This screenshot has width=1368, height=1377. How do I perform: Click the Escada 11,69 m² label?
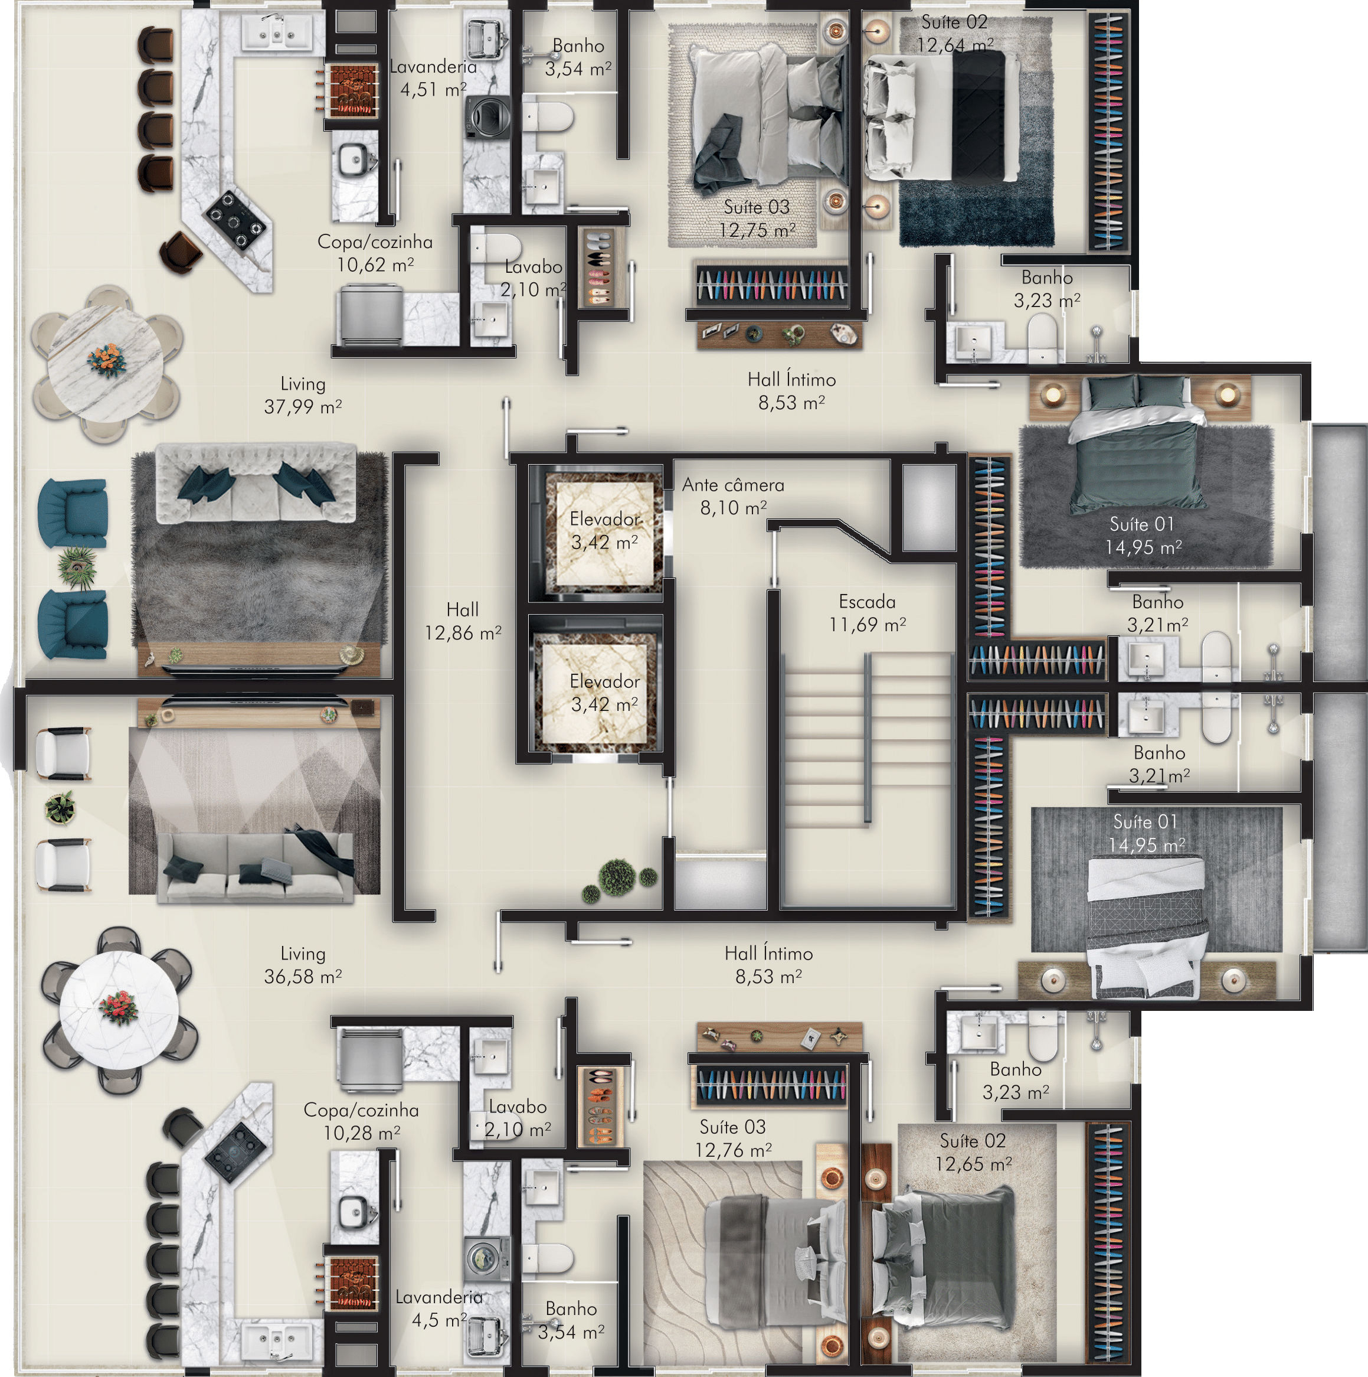(x=867, y=613)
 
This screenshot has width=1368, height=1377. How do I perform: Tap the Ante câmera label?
(x=733, y=485)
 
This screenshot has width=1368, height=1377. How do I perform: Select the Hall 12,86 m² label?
(x=463, y=621)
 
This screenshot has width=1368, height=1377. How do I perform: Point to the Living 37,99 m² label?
(x=303, y=395)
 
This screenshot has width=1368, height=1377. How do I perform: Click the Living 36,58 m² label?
(x=303, y=965)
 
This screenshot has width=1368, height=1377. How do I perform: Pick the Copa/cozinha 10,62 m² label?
(x=375, y=253)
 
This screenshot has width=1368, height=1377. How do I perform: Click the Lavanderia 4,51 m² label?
(x=433, y=78)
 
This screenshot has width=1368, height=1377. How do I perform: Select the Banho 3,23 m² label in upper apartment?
(x=1047, y=289)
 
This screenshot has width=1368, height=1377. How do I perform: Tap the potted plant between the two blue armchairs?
(x=77, y=567)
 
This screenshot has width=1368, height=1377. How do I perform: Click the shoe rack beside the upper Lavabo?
(x=599, y=268)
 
